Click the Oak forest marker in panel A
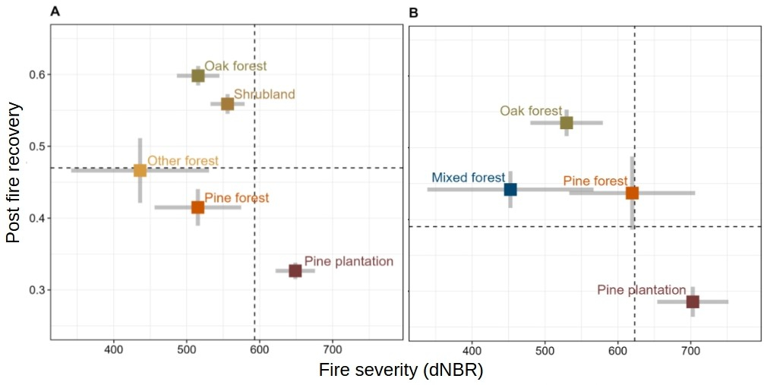198,75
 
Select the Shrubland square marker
227,104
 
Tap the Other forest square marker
140,170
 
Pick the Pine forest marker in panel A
197,207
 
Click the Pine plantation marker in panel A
295,270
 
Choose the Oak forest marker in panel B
567,122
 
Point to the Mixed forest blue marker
510,189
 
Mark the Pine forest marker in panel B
632,193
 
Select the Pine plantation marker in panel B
693,301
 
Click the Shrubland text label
264,94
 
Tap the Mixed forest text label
468,178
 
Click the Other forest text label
183,161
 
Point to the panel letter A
55,12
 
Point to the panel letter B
414,12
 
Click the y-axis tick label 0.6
36,74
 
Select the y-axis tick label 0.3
36,290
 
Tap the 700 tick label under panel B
690,350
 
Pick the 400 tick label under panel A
113,350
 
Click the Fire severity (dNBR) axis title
401,371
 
